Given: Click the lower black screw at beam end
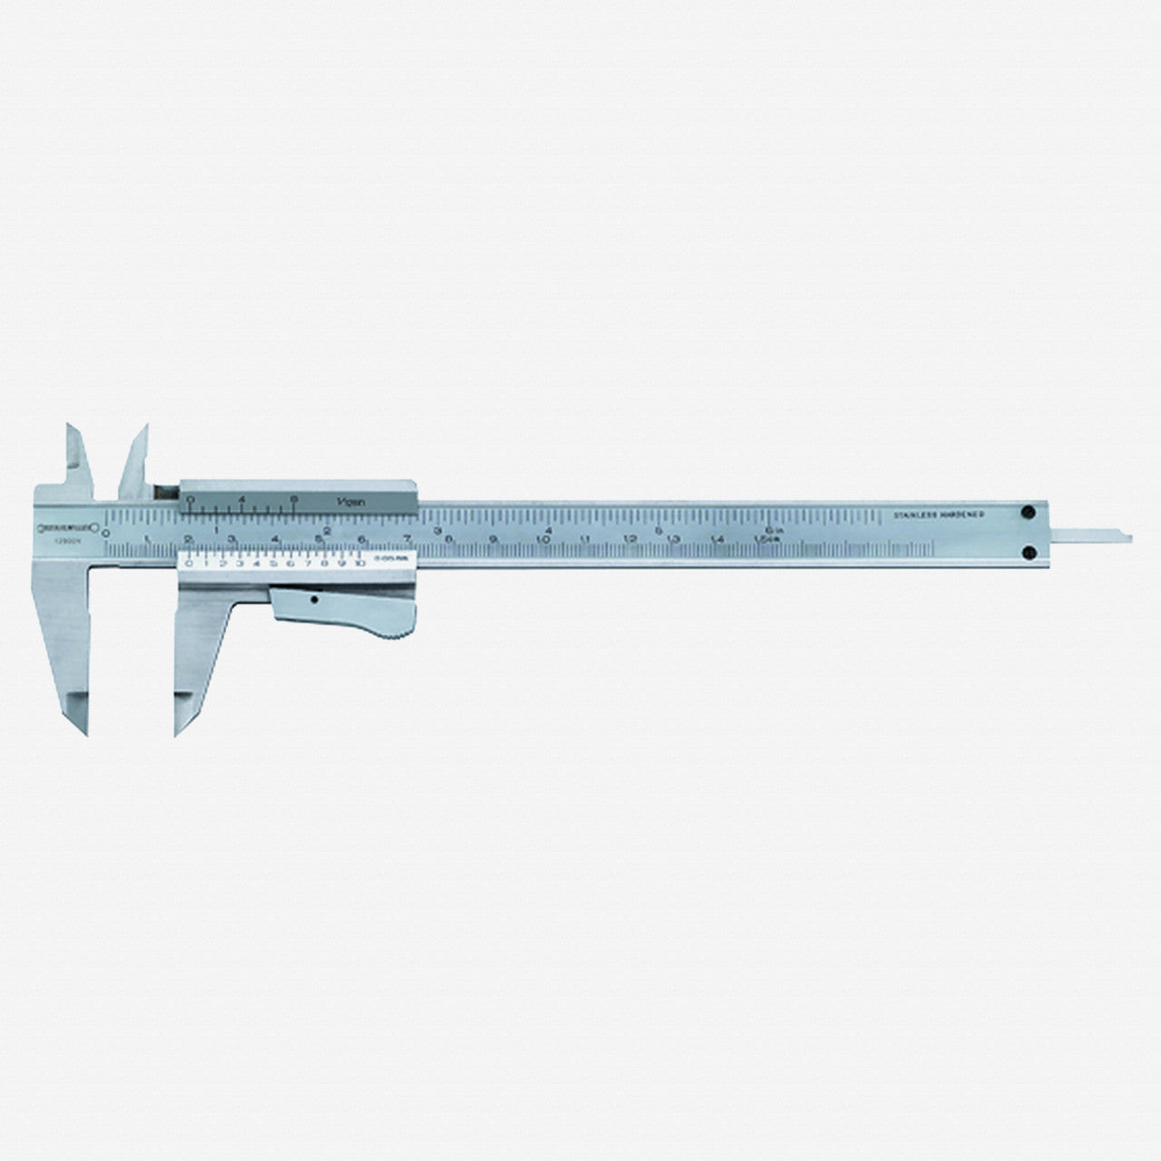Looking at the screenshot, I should [x=1030, y=551].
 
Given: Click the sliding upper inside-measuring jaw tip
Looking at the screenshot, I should [x=141, y=432].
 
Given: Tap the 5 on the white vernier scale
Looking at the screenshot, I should [x=275, y=563].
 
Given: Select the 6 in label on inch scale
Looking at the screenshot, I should [x=773, y=529].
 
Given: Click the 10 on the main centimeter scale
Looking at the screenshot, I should [x=542, y=541].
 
